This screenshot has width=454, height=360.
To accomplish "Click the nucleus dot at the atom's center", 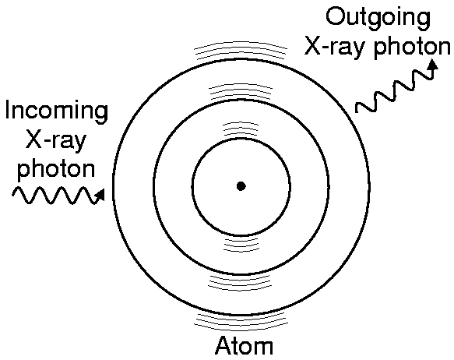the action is (x=241, y=186).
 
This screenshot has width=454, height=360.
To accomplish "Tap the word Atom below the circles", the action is (x=244, y=345).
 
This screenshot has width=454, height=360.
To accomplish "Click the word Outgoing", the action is (x=378, y=18).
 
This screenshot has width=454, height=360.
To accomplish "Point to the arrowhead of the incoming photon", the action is (x=100, y=195).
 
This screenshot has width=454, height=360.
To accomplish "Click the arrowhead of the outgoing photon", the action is (x=434, y=65).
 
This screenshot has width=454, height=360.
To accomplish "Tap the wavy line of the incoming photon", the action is (x=57, y=196).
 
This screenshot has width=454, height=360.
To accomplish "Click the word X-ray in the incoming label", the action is (x=56, y=139).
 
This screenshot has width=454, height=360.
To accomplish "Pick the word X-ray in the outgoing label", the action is (x=336, y=48).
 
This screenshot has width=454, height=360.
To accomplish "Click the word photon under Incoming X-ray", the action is (x=56, y=168).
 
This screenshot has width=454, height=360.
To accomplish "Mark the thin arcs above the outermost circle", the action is (x=241, y=51).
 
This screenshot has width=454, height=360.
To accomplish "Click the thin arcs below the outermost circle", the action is (x=241, y=322).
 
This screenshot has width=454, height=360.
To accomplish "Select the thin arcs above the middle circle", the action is (x=241, y=91).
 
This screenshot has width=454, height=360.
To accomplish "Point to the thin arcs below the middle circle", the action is (x=240, y=282).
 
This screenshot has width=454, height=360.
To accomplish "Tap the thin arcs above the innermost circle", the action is (x=241, y=129).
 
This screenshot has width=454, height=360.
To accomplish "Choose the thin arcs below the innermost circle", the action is (x=241, y=245).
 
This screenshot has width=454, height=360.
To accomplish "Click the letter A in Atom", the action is (x=223, y=345).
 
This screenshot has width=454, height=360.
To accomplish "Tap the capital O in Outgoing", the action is (x=336, y=16).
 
